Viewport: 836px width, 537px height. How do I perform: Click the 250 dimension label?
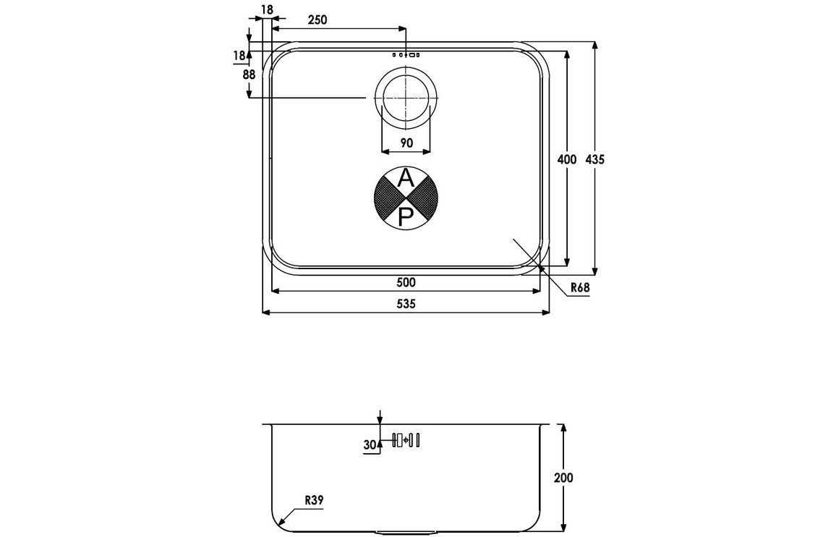pyautogui.click(x=317, y=20)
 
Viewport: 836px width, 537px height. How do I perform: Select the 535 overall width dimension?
pyautogui.click(x=406, y=304)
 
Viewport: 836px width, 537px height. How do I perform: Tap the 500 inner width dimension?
pyautogui.click(x=406, y=282)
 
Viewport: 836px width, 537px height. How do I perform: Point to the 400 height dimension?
pyautogui.click(x=567, y=159)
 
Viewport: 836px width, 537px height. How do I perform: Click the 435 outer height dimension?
pyautogui.click(x=595, y=159)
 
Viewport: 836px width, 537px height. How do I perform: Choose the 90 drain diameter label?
pyautogui.click(x=406, y=143)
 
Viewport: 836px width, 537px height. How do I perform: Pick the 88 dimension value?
pyautogui.click(x=249, y=75)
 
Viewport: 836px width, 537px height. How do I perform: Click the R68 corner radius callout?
pyautogui.click(x=580, y=288)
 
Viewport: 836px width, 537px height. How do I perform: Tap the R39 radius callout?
pyautogui.click(x=314, y=501)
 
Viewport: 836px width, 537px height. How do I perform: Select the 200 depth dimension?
pyautogui.click(x=563, y=477)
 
